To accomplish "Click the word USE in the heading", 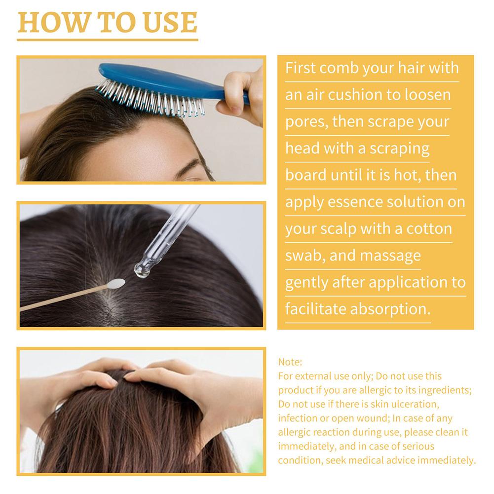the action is [x=170, y=22].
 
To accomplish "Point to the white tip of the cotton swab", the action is [x=116, y=283].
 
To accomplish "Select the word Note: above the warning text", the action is [x=290, y=362].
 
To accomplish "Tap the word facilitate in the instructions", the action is [x=316, y=309].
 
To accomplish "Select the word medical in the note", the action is [x=366, y=460].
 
